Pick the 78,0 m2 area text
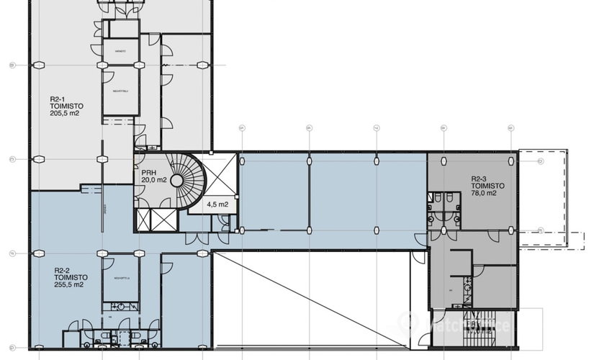[484, 193]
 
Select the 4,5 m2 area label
[217, 204]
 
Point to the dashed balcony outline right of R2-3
[544, 196]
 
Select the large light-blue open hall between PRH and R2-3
[331, 194]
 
